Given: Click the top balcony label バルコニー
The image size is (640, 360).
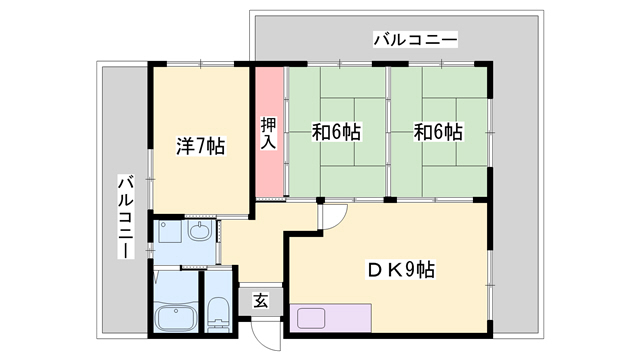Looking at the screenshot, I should pos(415,41).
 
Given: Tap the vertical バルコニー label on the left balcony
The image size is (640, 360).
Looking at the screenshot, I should pos(126,216).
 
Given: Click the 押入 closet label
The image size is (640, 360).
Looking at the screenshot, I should pos(269,134).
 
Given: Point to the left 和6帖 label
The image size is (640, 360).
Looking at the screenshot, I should pos(337,132).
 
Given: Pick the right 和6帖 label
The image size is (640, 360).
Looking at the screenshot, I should pos(440,132).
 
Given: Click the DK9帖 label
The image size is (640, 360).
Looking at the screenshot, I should pos(398,269).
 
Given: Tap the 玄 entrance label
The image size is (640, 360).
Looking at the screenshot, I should pos(260,300).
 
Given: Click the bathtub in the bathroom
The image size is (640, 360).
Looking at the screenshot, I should pos(177,319).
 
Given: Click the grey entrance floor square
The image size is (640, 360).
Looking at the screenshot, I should pos(260,300).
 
